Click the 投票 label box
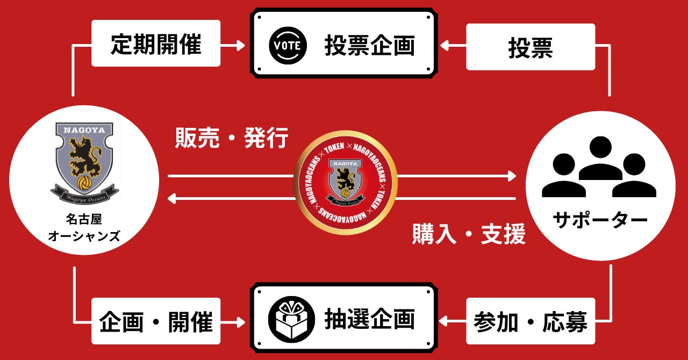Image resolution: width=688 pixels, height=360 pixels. pos(530,48)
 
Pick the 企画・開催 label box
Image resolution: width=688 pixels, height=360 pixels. pos(156,322)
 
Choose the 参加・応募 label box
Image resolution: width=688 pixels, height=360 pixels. pos(530,322)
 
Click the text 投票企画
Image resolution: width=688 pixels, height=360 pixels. pos(369,46)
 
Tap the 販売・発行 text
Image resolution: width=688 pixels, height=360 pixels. pos(232,138)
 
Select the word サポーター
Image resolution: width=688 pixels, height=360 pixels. pos(599,219)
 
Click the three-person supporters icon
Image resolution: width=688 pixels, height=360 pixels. pos(599,168)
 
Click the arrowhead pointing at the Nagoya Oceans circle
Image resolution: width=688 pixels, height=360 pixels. pos(172,199)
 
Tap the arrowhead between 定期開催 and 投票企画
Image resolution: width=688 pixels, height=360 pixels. pos(240,46)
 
